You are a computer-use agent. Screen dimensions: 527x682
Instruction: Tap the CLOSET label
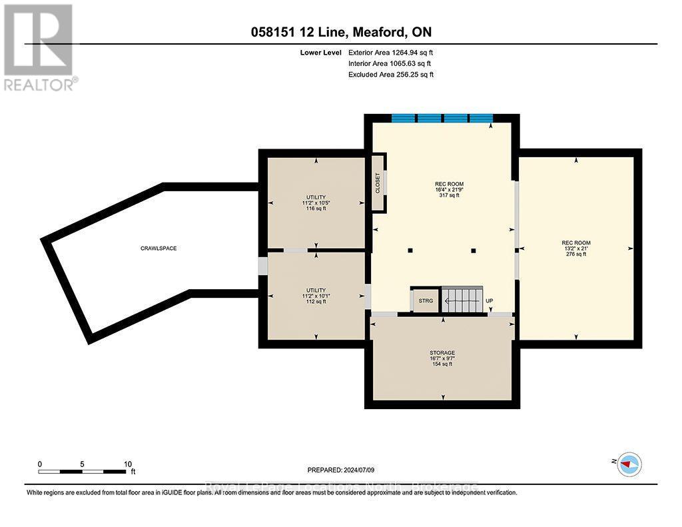click(x=378, y=183)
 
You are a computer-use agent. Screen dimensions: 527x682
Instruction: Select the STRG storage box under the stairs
click(x=426, y=301)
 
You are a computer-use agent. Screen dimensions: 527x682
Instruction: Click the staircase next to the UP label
click(x=462, y=300)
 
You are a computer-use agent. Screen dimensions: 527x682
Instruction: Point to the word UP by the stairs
click(x=489, y=301)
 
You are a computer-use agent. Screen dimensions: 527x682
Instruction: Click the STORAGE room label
click(x=442, y=352)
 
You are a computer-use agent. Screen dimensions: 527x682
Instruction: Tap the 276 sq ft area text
click(x=576, y=254)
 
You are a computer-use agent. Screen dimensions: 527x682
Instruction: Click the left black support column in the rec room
click(x=410, y=251)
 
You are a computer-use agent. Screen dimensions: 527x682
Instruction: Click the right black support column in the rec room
click(x=474, y=251)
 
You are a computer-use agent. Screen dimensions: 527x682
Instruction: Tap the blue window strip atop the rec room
click(x=442, y=119)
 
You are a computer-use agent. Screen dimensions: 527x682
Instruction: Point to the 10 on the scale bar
click(x=128, y=464)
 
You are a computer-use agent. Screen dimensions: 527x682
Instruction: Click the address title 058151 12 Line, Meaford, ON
click(x=341, y=33)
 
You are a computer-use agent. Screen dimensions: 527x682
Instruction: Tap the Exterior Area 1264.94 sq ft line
click(x=391, y=52)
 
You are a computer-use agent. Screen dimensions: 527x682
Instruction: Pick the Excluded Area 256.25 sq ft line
click(x=391, y=75)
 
